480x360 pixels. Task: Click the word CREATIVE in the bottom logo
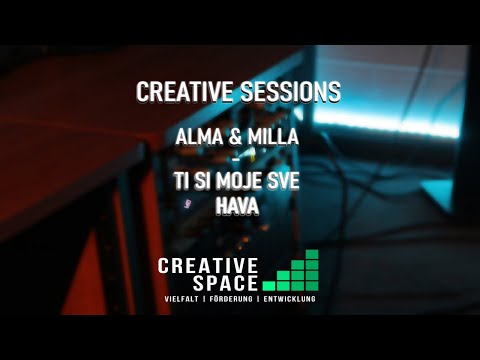pos(208,265)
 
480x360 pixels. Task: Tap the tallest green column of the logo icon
pos(312,269)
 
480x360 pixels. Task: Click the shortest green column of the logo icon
pos(270,284)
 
